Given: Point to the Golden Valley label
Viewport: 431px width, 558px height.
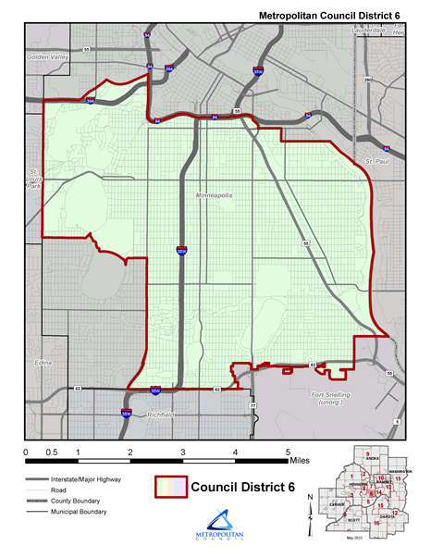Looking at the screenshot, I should [x=48, y=57].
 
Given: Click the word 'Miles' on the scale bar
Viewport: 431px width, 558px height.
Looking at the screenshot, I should [x=300, y=459].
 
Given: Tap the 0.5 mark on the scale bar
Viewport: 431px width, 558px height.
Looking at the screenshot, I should [x=52, y=451].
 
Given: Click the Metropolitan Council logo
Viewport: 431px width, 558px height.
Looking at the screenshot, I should [x=215, y=529].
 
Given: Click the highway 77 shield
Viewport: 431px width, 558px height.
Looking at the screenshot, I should [x=252, y=405].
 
